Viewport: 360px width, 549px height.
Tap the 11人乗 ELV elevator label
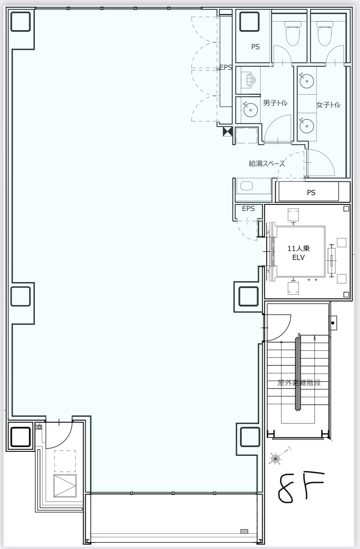[x=298, y=253]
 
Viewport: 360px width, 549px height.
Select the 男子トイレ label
[x=275, y=103]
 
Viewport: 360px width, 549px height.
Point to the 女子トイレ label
[x=328, y=105]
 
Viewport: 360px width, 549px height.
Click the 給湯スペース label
[x=267, y=164]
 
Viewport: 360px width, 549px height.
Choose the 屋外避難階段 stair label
[x=299, y=383]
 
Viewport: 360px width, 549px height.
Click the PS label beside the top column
[x=255, y=47]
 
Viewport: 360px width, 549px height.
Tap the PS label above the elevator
[x=311, y=193]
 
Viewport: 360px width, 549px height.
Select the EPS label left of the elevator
[x=248, y=208]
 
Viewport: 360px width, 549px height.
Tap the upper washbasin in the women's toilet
[x=307, y=80]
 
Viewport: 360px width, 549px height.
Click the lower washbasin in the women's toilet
[x=307, y=126]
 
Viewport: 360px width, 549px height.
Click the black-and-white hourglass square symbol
[x=228, y=132]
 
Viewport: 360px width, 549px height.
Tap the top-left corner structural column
[x=21, y=22]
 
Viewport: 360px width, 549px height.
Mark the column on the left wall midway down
[x=21, y=296]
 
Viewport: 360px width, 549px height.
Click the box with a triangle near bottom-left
[x=65, y=486]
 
